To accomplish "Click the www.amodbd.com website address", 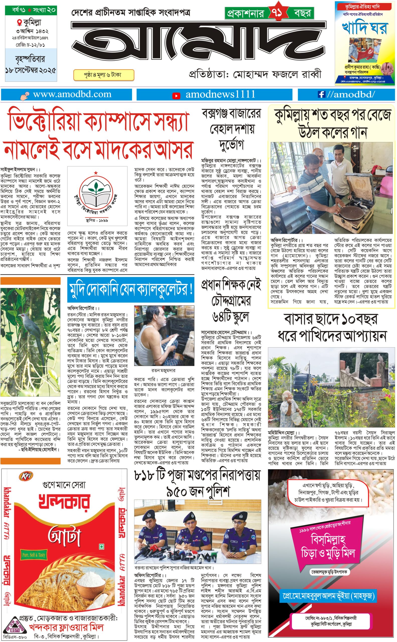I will [72, 95].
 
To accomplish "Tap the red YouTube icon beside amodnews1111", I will [176, 96].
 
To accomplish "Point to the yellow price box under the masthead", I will [104, 75].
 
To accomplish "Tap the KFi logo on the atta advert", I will [26, 476].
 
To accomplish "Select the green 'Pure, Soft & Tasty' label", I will [34, 555].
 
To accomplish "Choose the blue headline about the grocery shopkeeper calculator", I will [130, 289].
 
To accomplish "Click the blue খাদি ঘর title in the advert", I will [364, 28].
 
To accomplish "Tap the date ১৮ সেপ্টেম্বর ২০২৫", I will [31, 70].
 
